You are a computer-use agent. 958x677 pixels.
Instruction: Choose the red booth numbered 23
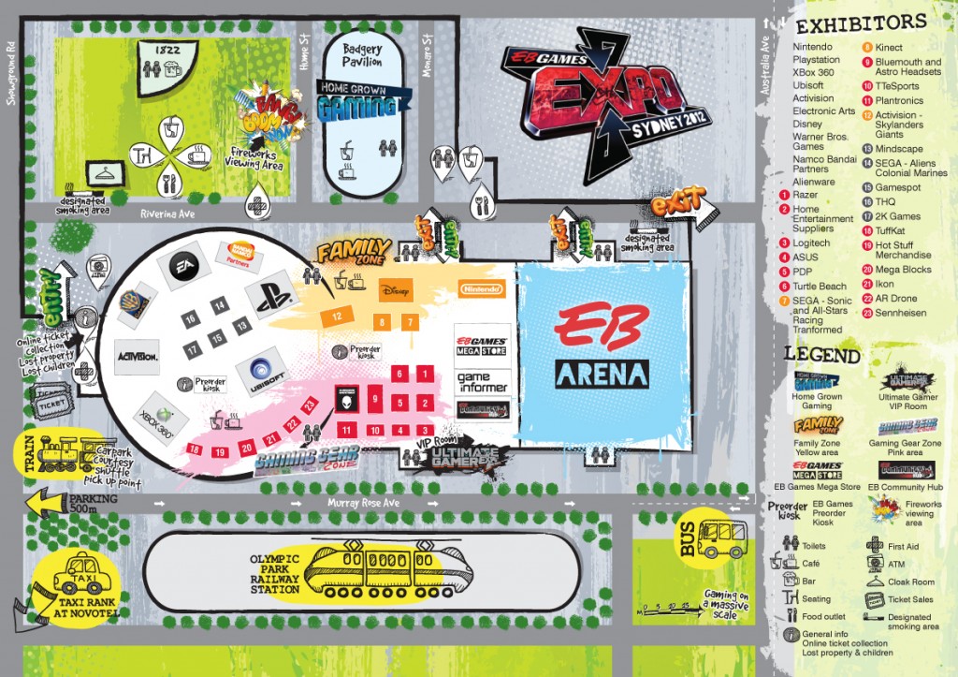click(310, 405)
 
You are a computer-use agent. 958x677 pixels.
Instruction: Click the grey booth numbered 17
click(193, 349)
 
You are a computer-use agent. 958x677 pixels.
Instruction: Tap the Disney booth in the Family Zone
click(396, 292)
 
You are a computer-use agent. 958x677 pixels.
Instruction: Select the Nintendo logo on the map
click(482, 289)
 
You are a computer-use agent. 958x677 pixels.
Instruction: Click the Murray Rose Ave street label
click(363, 503)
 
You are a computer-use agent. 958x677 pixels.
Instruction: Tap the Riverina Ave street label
click(165, 213)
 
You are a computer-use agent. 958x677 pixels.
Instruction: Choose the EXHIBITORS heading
click(861, 22)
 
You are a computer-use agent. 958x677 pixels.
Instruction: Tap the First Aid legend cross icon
click(876, 544)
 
